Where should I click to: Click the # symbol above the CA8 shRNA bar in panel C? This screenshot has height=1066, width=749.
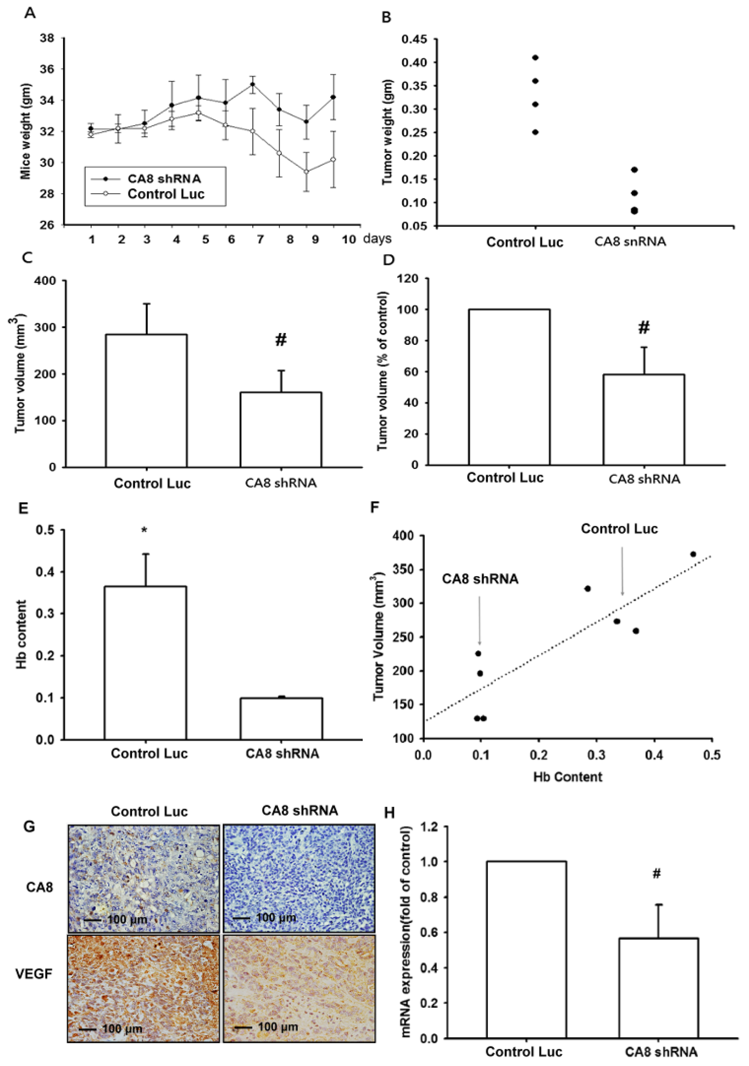click(281, 340)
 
